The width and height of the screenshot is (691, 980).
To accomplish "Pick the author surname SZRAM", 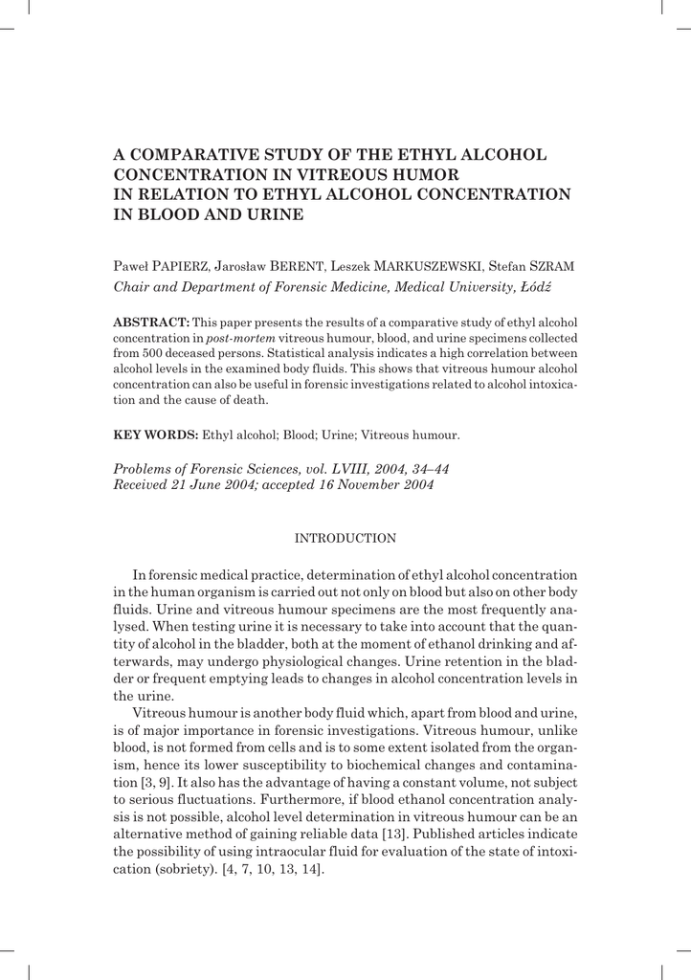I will coord(548,265).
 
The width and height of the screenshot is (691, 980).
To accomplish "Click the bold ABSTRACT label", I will coord(151,322).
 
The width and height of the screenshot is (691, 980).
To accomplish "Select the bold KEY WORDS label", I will coord(155,434).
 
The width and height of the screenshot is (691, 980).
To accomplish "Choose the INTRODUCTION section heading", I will coord(345,539).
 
